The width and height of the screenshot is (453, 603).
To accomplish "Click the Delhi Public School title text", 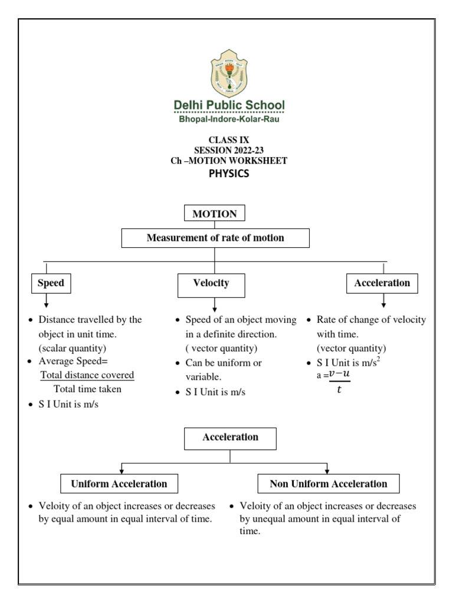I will click(x=229, y=105).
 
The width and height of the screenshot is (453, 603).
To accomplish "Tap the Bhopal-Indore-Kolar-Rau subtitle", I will click(x=229, y=119).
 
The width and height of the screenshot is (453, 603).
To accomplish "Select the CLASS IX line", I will click(x=229, y=140).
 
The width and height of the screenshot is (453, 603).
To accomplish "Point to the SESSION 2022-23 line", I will click(x=229, y=150).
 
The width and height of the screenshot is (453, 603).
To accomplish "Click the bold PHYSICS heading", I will click(x=229, y=173).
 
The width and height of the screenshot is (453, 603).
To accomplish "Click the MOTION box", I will click(x=215, y=214).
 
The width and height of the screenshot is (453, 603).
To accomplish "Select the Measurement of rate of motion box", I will click(x=215, y=238).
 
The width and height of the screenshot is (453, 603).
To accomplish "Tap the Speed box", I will click(x=50, y=283).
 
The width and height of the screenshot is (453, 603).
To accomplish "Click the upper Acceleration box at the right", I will click(x=382, y=283).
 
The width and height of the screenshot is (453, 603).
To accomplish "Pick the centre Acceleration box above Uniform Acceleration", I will click(x=230, y=438).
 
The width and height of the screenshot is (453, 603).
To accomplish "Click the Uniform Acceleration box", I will click(x=119, y=484).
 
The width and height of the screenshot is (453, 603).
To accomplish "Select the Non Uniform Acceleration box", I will click(x=329, y=484).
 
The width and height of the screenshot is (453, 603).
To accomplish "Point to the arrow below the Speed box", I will click(x=47, y=300).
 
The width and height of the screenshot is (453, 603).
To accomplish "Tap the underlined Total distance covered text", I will click(x=87, y=375).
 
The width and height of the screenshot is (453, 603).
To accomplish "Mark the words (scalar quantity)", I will click(x=73, y=347).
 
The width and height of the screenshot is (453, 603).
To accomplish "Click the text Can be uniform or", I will click(x=224, y=363).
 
